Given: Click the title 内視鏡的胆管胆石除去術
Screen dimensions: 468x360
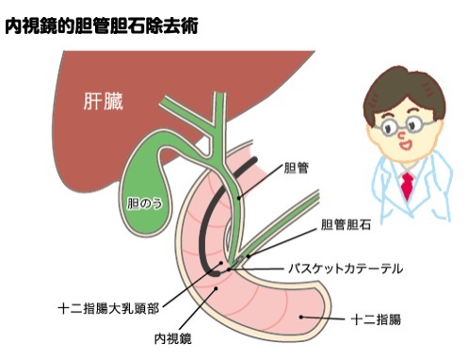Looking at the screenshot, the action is pos(102,25).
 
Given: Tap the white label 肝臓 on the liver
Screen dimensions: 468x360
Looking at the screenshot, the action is pos(103,101).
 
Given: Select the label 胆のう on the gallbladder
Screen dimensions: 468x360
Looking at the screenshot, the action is pos(144,204).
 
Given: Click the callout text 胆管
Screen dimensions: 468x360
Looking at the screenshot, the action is pos(297,168).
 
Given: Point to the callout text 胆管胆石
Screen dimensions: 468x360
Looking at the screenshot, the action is pos(346,224).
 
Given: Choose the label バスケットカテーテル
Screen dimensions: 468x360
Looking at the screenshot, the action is pos(346,269).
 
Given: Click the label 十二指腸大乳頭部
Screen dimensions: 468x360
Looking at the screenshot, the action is pos(109,308).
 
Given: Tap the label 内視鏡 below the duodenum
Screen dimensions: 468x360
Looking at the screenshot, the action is pos(173,338).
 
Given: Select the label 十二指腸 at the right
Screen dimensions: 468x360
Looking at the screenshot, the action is pos(376,319).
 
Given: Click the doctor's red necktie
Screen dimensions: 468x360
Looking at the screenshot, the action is pos(408,186).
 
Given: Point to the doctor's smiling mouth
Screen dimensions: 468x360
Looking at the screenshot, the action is pos(406,145).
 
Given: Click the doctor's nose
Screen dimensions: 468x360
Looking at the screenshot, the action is pos(402,135).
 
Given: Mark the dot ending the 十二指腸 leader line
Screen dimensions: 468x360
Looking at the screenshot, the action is pos(300,317).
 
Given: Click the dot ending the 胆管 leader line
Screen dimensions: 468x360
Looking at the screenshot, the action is pos(239,198).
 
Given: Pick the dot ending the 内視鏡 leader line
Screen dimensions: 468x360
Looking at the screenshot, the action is pos(216,288).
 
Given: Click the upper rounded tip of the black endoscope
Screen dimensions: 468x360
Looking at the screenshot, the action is pos(255,160).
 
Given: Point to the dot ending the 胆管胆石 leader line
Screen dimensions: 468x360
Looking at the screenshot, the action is pos(248,256).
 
